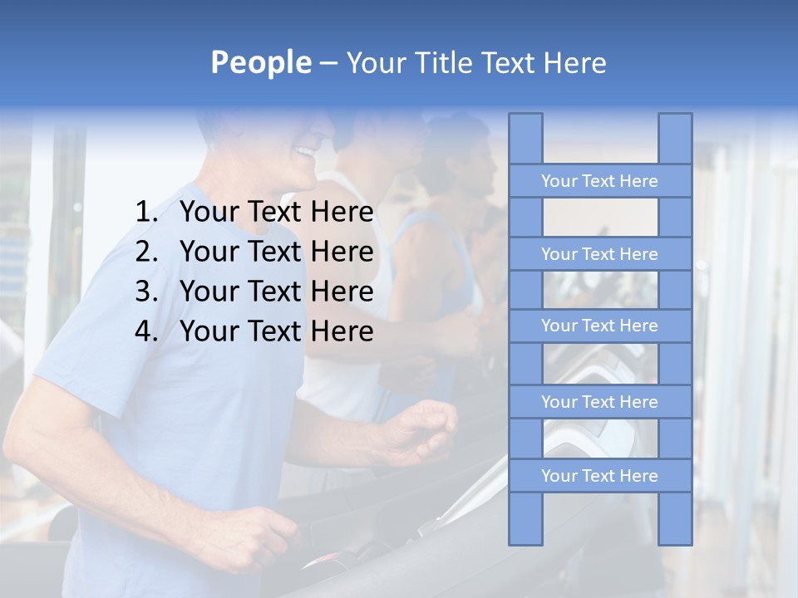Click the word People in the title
pyautogui.click(x=260, y=62)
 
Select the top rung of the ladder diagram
pyautogui.click(x=599, y=181)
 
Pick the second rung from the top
pyautogui.click(x=599, y=254)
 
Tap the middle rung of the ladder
pyautogui.click(x=599, y=326)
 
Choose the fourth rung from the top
pyautogui.click(x=599, y=402)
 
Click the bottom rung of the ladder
pyautogui.click(x=599, y=476)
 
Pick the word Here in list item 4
pyautogui.click(x=342, y=331)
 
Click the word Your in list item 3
pyautogui.click(x=208, y=292)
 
